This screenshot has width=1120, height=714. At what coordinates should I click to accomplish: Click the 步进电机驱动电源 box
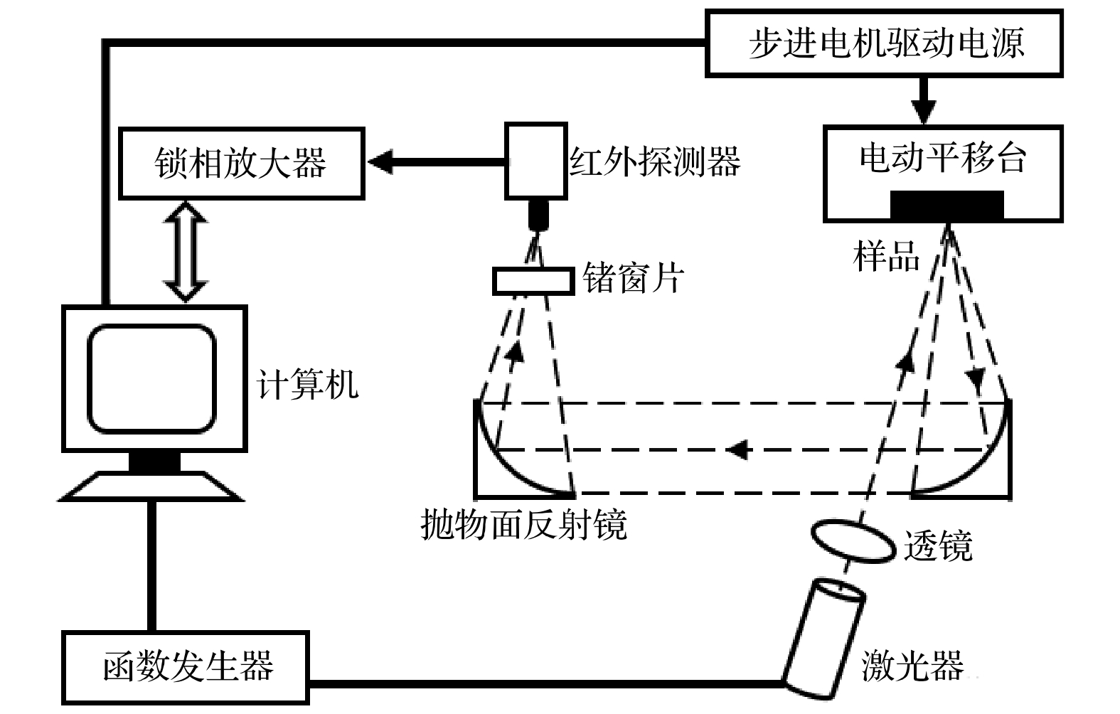click(884, 43)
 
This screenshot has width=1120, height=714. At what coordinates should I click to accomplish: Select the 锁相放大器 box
click(242, 162)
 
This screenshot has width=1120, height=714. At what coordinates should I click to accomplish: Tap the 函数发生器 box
click(186, 666)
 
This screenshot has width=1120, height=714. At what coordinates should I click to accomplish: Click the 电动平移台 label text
click(943, 157)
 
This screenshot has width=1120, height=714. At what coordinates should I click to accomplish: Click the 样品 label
click(886, 255)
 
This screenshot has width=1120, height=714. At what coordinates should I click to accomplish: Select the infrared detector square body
click(536, 161)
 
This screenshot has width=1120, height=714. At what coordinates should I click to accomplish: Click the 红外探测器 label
click(655, 161)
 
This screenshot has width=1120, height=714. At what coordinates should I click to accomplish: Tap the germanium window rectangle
click(533, 281)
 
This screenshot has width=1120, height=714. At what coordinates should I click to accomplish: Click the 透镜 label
click(938, 546)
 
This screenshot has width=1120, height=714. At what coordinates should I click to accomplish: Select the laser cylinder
click(823, 637)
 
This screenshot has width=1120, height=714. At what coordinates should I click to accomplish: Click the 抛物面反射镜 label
click(524, 526)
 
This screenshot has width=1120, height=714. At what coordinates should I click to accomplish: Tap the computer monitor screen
click(151, 379)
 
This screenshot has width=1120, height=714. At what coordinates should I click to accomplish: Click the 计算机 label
click(307, 385)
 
